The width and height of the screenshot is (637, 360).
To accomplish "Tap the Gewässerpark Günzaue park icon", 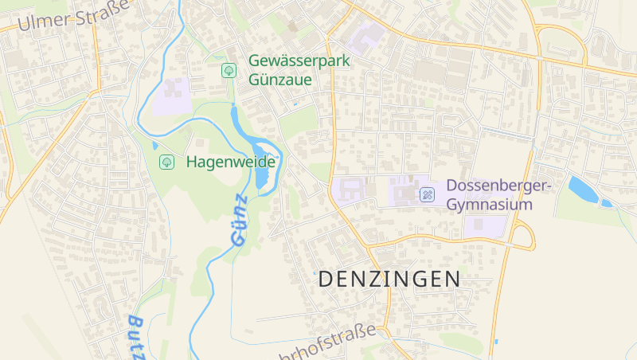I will (x=229, y=71).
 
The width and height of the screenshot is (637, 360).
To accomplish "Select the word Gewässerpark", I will (x=299, y=61).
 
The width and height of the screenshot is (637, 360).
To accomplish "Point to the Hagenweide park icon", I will (x=167, y=162).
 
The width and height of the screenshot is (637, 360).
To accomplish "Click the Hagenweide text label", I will (x=231, y=162).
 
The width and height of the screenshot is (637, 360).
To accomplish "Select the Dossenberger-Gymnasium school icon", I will (x=428, y=194).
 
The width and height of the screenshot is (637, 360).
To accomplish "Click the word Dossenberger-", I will (x=499, y=186).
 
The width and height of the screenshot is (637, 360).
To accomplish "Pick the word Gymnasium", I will (x=490, y=205).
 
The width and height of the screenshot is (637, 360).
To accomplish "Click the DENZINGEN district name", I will (x=389, y=280).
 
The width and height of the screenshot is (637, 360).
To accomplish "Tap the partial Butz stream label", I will (x=136, y=335).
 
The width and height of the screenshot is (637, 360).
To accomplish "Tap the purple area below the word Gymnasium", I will (x=484, y=225).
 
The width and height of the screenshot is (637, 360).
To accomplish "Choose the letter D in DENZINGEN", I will (x=326, y=280).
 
